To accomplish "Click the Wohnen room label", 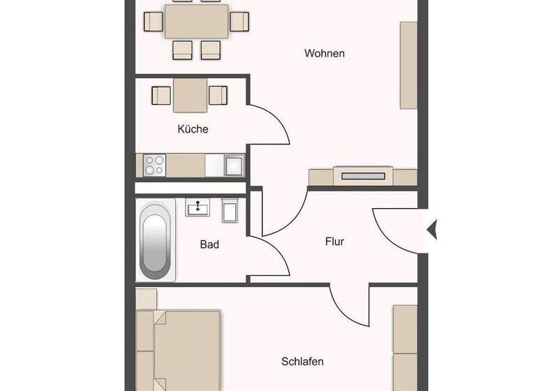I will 325,54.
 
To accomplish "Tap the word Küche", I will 193,129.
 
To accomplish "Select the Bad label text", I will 209,244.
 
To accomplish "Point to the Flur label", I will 335,242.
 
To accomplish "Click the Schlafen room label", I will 302,362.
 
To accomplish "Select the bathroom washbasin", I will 198,207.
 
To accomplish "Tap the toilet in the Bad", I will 230,209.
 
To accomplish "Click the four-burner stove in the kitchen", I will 154,165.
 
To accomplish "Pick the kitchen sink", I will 233,165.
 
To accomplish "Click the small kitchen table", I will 191,95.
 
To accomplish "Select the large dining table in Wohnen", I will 197,22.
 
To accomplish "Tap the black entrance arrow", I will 431,229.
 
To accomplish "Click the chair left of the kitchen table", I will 163,94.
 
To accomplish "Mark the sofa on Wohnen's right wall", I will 408,65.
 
